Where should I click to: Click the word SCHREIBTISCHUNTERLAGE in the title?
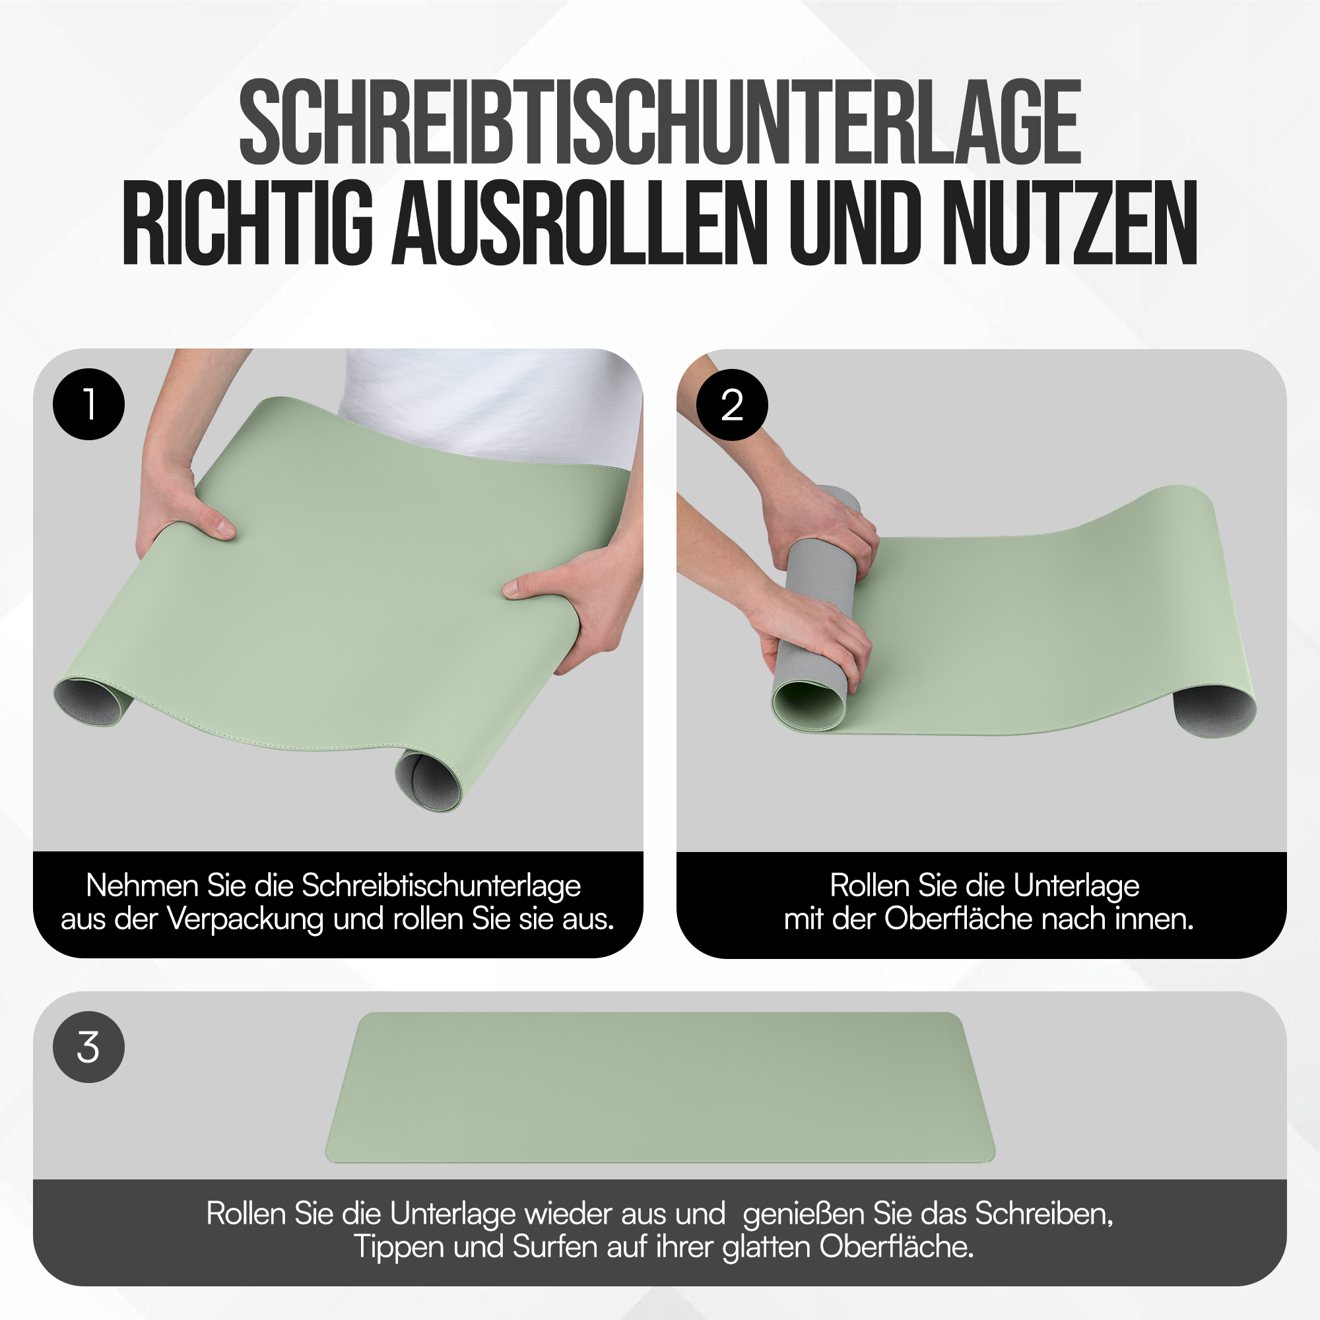tap(659, 123)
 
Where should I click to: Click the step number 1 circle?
tap(89, 405)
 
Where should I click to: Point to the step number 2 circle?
tap(732, 405)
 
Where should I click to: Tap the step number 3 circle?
tap(89, 1047)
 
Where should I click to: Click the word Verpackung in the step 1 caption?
tap(246, 919)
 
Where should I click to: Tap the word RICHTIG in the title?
tap(248, 224)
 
